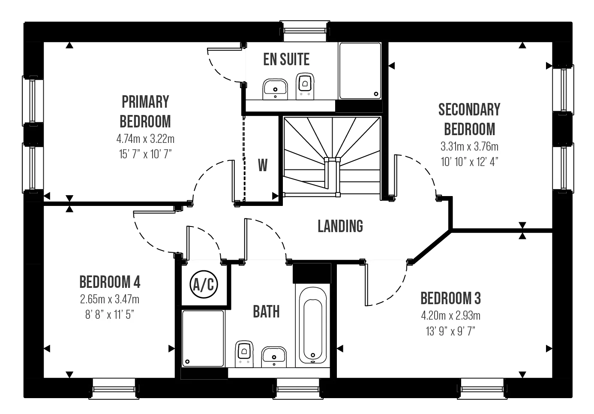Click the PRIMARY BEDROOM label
click(145, 112)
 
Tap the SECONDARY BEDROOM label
click(469, 119)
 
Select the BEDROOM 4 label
click(110, 282)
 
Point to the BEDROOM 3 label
click(450, 298)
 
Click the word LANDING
click(340, 226)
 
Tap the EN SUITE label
click(286, 60)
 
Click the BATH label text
click(266, 311)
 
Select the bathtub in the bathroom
click(313, 325)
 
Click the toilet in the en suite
click(305, 85)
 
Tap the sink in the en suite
click(274, 88)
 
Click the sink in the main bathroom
click(273, 357)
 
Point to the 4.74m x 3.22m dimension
click(145, 139)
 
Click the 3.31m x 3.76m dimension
click(469, 147)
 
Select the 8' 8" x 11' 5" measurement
click(110, 315)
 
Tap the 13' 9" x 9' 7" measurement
click(450, 331)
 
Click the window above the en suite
click(305, 31)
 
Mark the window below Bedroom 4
click(114, 390)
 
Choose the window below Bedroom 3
click(482, 390)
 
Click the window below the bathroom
click(297, 390)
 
